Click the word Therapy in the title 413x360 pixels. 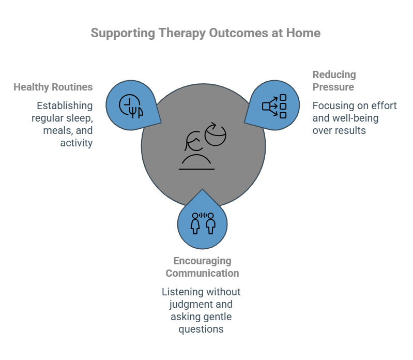(x=176, y=33)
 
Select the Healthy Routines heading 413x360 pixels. (x=53, y=87)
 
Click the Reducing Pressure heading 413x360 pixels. (x=334, y=81)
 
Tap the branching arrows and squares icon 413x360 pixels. (x=274, y=106)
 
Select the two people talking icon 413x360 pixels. (x=203, y=223)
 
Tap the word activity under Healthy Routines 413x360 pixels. (x=77, y=143)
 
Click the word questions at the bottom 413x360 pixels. (x=201, y=329)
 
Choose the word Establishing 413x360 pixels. (x=65, y=106)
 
